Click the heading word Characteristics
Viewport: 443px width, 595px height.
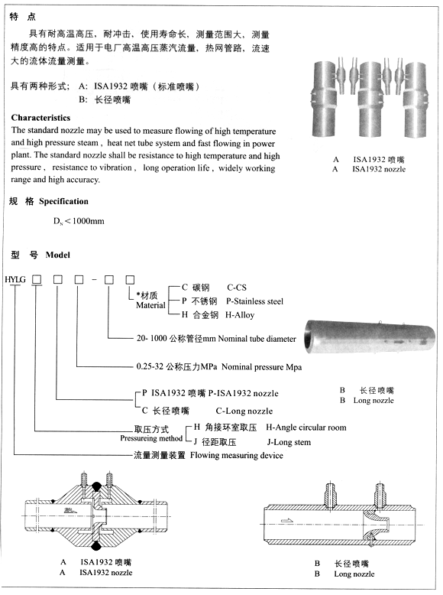[41, 119]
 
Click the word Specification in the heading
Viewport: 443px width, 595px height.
[63, 202]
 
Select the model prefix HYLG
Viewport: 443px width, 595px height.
[15, 281]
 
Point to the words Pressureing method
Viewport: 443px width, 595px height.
[151, 439]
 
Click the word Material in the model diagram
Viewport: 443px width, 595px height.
[150, 305]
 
